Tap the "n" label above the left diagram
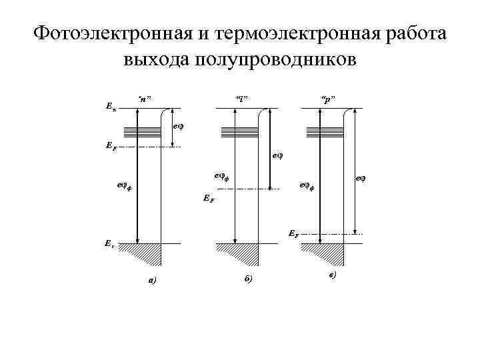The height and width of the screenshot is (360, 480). coord(144,99)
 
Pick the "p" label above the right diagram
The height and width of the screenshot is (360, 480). coord(327,99)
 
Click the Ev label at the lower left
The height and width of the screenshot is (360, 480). coord(109,245)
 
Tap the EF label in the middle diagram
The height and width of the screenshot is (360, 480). coord(208,198)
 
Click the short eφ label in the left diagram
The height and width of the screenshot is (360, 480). coord(177,125)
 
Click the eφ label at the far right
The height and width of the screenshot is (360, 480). coord(361,178)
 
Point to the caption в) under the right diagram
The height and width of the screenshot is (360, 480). coord(332,275)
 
